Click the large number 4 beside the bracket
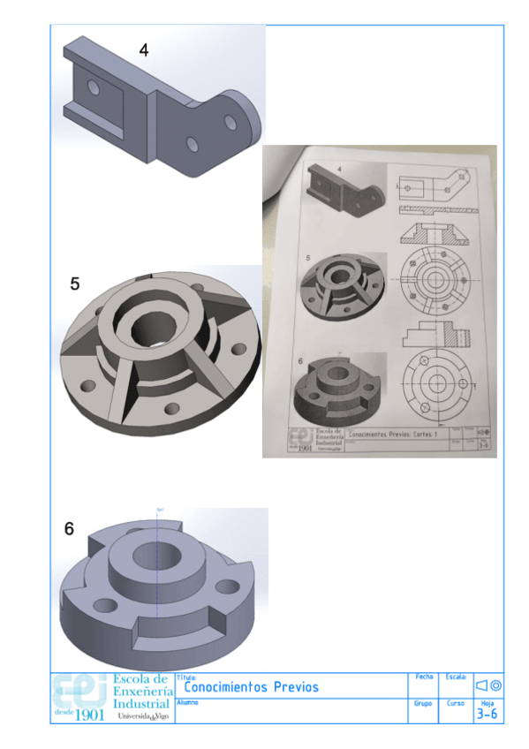tap(144, 50)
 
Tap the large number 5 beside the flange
tap(75, 284)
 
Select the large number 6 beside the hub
tap(69, 530)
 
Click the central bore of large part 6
tap(156, 560)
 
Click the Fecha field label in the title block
tap(423, 677)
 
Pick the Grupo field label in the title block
tap(422, 704)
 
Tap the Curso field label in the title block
tap(455, 704)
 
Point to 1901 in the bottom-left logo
tap(90, 714)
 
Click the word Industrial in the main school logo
tap(140, 705)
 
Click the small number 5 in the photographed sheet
tap(307, 258)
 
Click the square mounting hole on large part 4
tap(93, 87)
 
